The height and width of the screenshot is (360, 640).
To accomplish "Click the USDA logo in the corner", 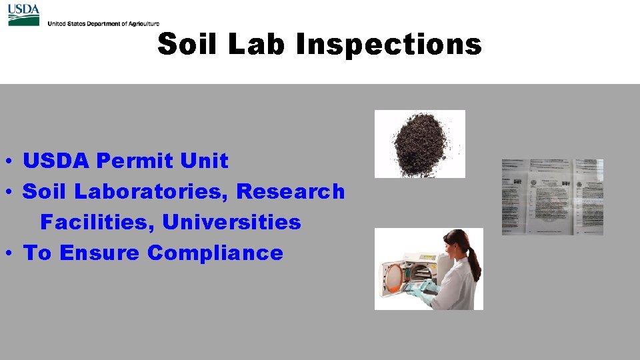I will [23, 15].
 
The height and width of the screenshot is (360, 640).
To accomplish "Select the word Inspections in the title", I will [389, 45].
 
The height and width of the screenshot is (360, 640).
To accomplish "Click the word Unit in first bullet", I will [209, 161].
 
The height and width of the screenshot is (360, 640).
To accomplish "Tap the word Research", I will [291, 191].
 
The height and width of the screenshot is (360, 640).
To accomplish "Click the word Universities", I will [231, 222].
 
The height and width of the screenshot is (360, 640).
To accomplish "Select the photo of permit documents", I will [552, 197].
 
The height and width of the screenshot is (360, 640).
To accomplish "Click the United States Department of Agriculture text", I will [103, 23].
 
